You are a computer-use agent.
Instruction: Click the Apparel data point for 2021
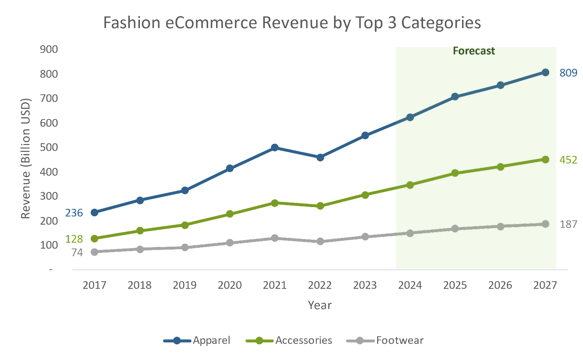point(275,148)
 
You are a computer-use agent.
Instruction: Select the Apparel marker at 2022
point(320,157)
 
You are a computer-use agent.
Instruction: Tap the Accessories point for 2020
point(230,214)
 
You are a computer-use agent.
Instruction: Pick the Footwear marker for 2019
point(185,247)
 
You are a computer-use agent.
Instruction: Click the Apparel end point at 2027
point(545,73)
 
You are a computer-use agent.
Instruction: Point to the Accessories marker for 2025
point(455,173)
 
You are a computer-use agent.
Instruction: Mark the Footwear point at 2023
point(365,237)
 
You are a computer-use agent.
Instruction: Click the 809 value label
point(568,73)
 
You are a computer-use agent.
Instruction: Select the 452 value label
point(568,160)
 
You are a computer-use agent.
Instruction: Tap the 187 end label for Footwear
point(568,224)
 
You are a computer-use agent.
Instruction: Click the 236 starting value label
point(74,213)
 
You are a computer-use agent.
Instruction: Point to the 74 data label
point(77,253)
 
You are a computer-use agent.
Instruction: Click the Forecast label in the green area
point(474,51)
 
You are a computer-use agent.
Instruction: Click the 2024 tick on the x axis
point(410,285)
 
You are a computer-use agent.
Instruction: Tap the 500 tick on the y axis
point(49,148)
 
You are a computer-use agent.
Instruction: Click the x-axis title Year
point(320,305)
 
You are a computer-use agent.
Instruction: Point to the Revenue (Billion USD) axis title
point(26,159)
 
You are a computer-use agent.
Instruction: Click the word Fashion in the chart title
point(132,23)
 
